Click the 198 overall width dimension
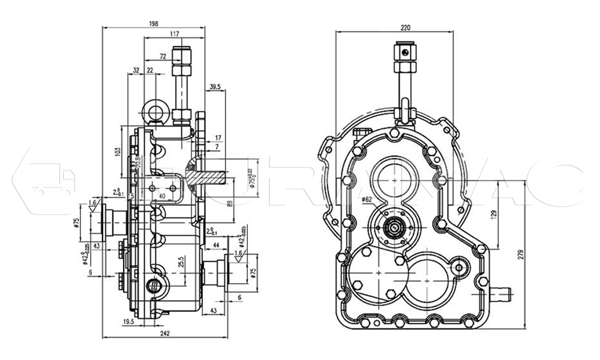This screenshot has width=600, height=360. pyautogui.click(x=153, y=23)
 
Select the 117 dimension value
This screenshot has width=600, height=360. pyautogui.click(x=175, y=34)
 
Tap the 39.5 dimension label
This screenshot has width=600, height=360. pyautogui.click(x=215, y=87)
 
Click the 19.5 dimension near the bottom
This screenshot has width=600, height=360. pyautogui.click(x=127, y=322)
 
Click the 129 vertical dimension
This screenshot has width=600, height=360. pyautogui.click(x=494, y=214)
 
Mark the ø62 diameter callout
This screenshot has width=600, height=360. pyautogui.click(x=366, y=199)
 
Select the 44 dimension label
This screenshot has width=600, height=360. pyautogui.click(x=216, y=247)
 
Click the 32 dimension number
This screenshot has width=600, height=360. pyautogui.click(x=136, y=70)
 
